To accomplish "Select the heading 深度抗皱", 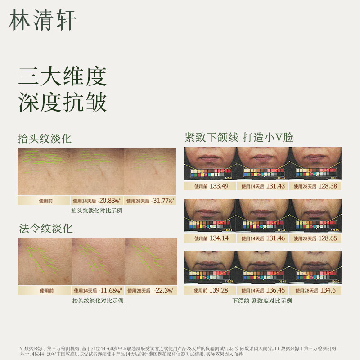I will click(x=62, y=103).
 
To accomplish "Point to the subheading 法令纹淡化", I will click(x=45, y=228).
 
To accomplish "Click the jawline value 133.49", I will click(x=219, y=186).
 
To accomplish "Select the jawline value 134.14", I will click(x=219, y=238).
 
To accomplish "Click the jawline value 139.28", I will click(x=219, y=290).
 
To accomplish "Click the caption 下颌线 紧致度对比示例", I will click(x=262, y=301).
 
